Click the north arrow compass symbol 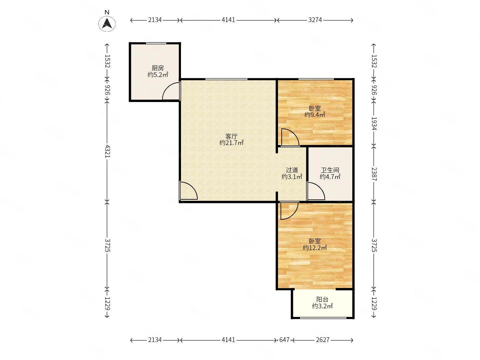(107, 23)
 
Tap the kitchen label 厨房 (158, 68)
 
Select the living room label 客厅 (231, 137)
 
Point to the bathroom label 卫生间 (330, 170)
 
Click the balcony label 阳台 (322, 299)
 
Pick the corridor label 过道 (292, 170)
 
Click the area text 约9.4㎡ (315, 115)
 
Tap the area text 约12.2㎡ (315, 248)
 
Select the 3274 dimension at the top (315, 20)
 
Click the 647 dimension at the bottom (284, 340)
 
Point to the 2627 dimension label (323, 340)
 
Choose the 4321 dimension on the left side (107, 151)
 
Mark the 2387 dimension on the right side (374, 174)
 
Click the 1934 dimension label (374, 123)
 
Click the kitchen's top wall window (156, 43)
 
